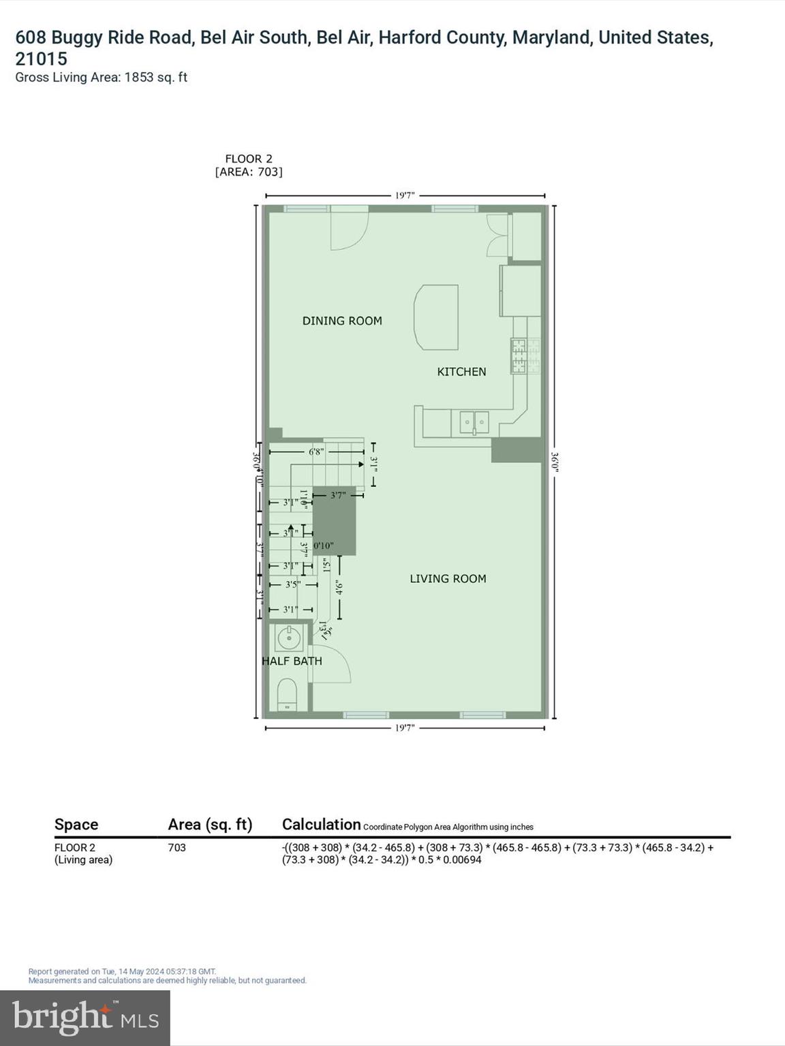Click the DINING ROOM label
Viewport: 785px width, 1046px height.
point(342,321)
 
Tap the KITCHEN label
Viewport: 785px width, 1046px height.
point(461,372)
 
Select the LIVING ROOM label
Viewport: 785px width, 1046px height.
point(448,579)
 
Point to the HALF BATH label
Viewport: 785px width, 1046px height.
point(292,661)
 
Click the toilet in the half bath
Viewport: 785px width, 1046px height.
point(288,695)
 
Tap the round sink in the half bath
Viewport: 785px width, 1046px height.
point(289,639)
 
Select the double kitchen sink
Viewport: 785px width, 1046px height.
point(474,422)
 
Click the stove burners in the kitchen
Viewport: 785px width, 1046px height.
point(525,356)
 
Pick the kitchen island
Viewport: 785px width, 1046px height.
point(436,317)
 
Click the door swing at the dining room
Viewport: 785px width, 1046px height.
point(348,230)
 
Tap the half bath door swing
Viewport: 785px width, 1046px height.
point(331,664)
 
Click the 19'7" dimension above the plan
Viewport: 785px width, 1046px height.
point(405,195)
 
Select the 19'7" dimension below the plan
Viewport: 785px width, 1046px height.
point(405,728)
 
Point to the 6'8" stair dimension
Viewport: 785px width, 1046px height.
point(315,451)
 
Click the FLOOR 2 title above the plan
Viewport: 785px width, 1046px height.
point(249,159)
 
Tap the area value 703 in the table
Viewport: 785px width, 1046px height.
point(176,848)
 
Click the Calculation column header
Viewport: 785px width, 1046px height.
point(321,825)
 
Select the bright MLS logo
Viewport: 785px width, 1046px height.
point(85,1017)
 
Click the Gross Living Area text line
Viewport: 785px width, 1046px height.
point(102,78)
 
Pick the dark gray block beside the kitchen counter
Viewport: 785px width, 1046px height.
point(517,450)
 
